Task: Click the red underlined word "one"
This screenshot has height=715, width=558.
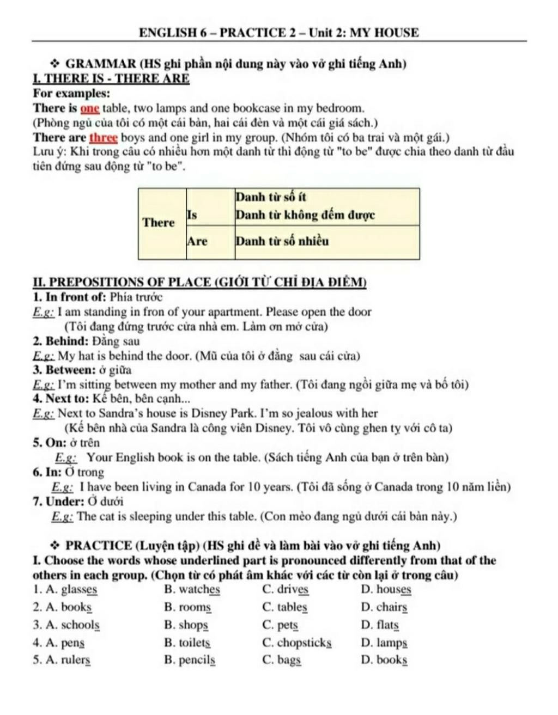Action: (90, 108)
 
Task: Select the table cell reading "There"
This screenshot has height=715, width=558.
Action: (159, 223)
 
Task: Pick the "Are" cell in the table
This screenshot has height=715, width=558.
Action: (210, 241)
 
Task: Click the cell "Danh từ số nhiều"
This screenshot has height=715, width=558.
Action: (327, 241)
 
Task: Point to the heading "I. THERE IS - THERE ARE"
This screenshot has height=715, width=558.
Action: (111, 79)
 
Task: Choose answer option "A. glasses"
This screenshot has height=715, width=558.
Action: (65, 589)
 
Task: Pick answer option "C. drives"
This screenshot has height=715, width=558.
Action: (286, 589)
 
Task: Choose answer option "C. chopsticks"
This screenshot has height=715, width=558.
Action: (297, 643)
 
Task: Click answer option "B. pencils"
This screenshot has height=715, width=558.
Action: (190, 661)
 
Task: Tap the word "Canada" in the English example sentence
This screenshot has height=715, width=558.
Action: (208, 487)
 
